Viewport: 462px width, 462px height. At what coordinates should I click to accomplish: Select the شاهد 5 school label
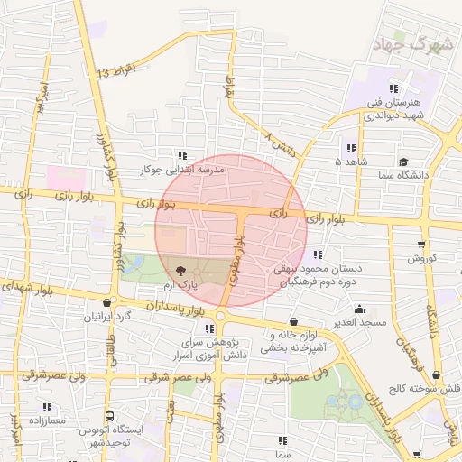(350, 162)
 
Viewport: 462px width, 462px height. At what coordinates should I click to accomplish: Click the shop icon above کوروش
(421, 244)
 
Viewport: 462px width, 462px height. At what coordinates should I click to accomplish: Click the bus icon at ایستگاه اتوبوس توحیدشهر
(109, 417)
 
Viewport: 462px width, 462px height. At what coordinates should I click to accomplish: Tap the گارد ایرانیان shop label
(108, 317)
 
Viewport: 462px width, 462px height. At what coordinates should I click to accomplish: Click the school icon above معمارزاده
(47, 407)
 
